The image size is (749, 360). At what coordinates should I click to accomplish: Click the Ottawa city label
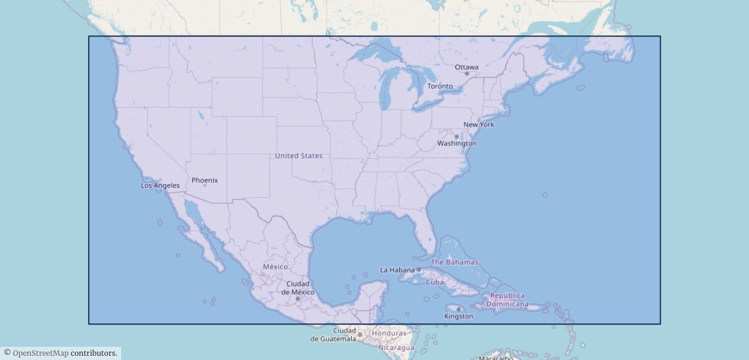coord(466,67)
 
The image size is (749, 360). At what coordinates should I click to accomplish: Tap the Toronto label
coord(440,86)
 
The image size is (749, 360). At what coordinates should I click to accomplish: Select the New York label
coord(479,124)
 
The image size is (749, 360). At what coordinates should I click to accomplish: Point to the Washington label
coord(457,143)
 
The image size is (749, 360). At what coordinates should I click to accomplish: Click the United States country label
coord(299,155)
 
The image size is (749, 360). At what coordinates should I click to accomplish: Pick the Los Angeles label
coord(160,185)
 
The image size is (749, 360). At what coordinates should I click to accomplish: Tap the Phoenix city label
coord(205,180)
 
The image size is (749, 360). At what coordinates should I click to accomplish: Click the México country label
coord(275,266)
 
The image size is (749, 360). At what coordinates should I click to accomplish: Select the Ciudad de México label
coord(298,288)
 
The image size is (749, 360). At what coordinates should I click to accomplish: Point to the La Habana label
coord(397,270)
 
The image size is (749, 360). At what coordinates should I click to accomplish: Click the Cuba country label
coord(435,282)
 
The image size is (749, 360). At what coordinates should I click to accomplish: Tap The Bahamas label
coord(454,262)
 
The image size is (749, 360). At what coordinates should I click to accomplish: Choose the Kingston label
coord(459,316)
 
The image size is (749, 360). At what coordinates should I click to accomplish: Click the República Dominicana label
coord(507,299)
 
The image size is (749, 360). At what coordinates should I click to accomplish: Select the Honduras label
coord(389,333)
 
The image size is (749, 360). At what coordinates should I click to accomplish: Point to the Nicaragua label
coord(396,347)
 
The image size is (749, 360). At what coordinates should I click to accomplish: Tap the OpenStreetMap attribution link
coord(40,353)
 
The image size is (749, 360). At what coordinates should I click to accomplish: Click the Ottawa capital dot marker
coord(467,74)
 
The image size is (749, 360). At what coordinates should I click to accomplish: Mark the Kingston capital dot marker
coord(459,310)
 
